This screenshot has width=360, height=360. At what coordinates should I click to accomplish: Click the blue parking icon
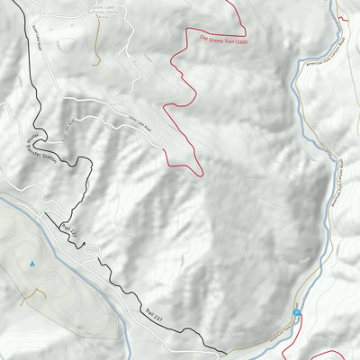pyautogui.click(x=296, y=313)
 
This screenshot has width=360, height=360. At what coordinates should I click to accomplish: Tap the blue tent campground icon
pyautogui.click(x=31, y=264)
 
